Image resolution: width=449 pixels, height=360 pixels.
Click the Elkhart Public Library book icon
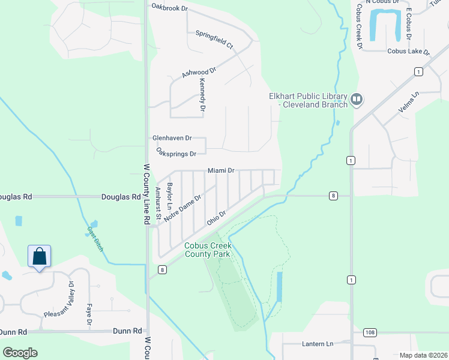(357, 98)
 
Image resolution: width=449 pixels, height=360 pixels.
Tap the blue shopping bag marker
(39, 257)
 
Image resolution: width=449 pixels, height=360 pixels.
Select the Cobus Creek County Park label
(207, 250)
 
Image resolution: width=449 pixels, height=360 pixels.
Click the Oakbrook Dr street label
(170, 8)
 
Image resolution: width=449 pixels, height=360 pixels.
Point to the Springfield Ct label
(214, 39)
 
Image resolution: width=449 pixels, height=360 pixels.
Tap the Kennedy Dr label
(203, 97)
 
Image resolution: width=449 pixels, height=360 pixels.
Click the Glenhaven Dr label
(172, 137)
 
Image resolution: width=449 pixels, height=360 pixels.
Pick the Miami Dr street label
(221, 170)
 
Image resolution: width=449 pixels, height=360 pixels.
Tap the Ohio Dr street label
(216, 218)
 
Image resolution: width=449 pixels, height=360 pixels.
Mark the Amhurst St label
(158, 204)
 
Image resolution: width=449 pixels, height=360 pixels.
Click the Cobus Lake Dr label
(409, 52)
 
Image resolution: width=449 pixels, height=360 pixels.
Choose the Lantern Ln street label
(316, 344)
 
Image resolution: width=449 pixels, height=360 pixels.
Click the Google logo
(20, 352)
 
